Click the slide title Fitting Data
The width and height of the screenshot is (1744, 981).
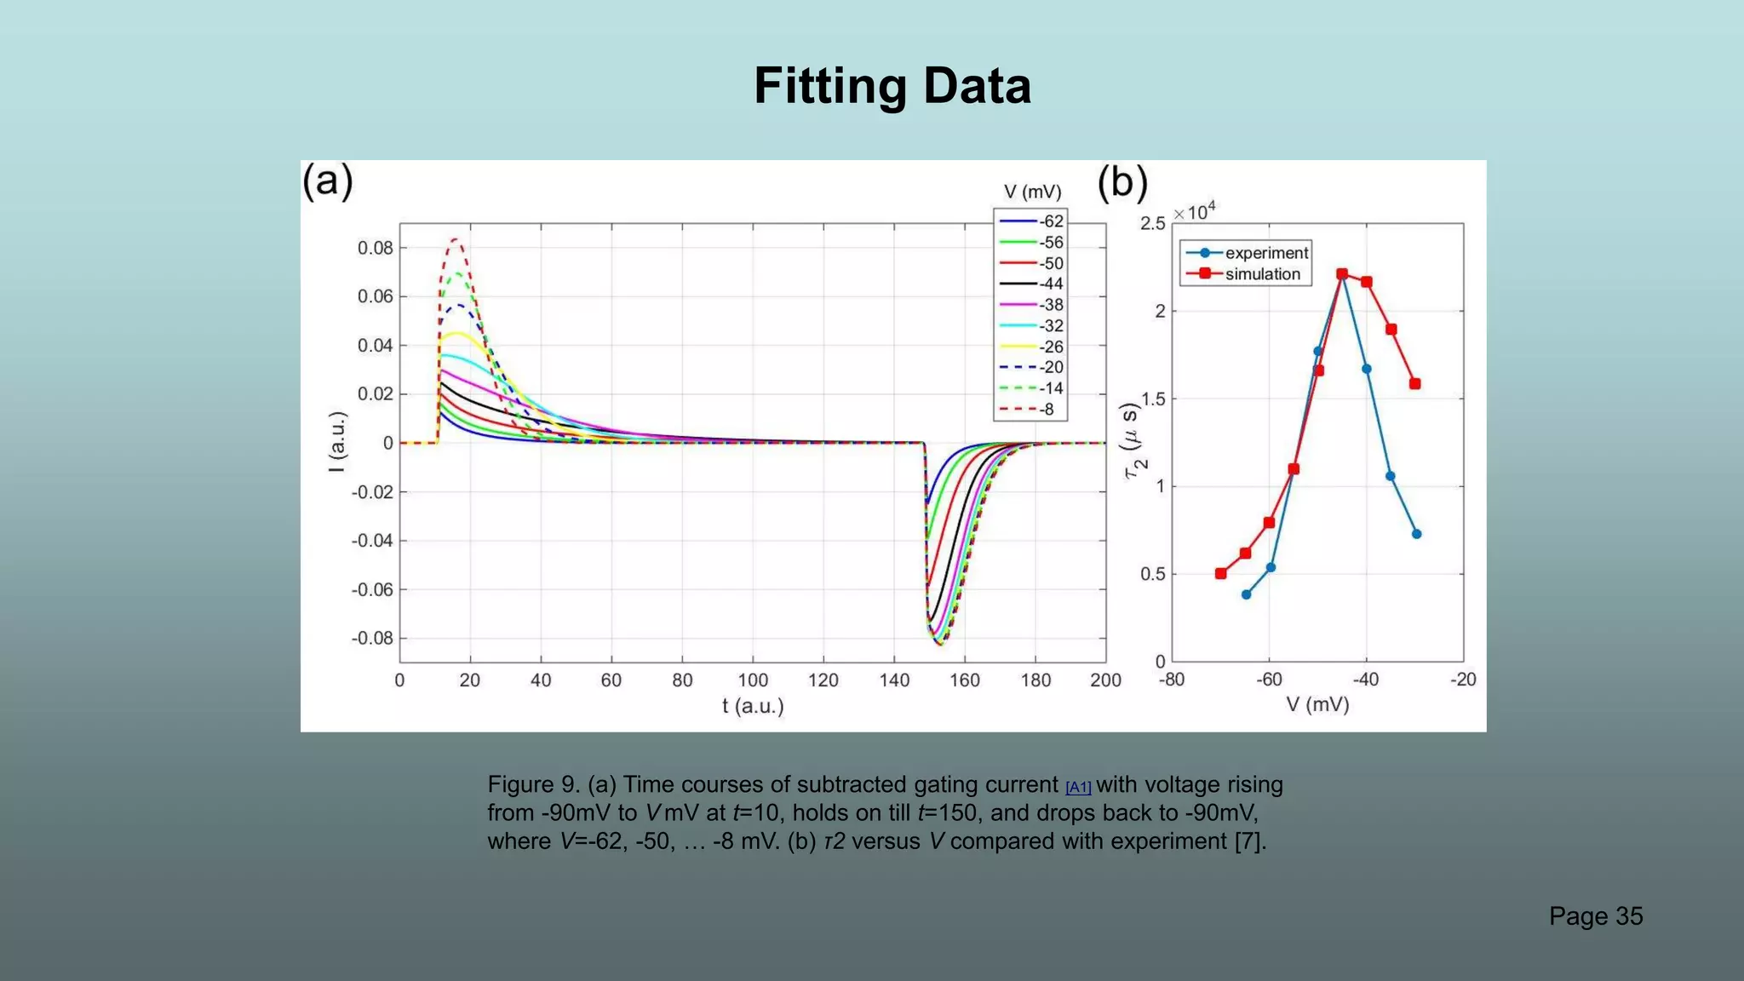(892, 86)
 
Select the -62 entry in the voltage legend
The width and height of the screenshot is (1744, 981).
(1031, 221)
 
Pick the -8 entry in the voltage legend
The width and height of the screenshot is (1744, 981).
(1031, 410)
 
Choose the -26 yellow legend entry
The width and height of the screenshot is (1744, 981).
(1031, 347)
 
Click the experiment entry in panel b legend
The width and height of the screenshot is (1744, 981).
(1247, 253)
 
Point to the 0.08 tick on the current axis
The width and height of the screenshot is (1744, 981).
(375, 248)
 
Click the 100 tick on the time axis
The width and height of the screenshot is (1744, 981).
(753, 680)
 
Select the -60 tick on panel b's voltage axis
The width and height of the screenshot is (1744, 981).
(1269, 680)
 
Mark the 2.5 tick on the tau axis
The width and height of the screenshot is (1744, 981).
(1152, 223)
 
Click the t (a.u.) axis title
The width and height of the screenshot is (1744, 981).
(753, 706)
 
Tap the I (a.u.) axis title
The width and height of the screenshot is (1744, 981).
(338, 442)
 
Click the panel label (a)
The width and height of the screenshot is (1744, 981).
(328, 181)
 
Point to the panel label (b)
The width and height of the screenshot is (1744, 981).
(1122, 182)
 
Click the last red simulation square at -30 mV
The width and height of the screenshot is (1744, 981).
(1414, 384)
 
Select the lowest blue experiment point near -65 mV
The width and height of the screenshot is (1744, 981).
(1246, 594)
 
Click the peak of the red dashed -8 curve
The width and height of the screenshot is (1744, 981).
(456, 239)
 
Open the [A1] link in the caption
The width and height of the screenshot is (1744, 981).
(1078, 788)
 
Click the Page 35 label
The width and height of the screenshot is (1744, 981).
(1595, 916)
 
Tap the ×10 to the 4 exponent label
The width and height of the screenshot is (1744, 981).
(1195, 211)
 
